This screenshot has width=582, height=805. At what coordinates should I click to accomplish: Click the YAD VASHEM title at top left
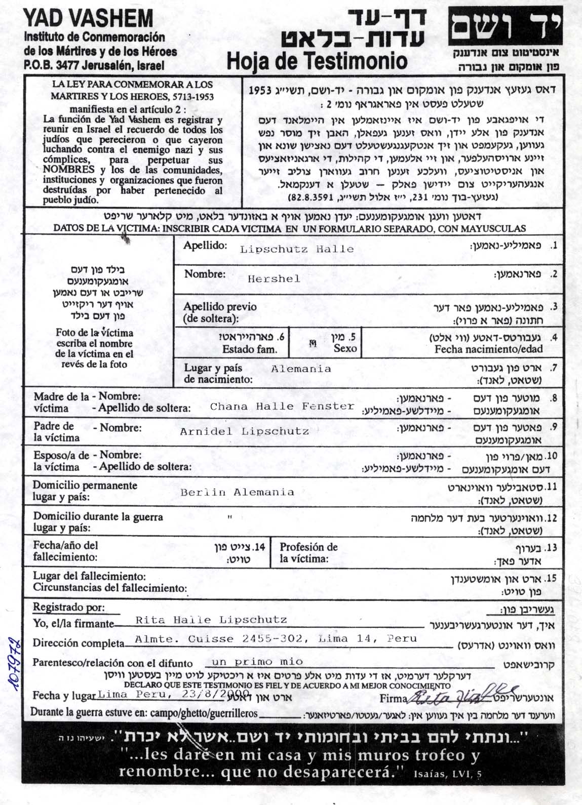[88, 19]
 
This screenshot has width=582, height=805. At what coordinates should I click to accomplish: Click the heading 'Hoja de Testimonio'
[317, 61]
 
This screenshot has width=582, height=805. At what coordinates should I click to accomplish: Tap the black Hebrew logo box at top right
[505, 28]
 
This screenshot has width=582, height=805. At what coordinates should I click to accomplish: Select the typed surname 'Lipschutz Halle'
[296, 249]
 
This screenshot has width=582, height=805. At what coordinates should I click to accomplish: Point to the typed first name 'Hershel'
[274, 278]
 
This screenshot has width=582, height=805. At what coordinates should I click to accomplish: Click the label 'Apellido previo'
[220, 307]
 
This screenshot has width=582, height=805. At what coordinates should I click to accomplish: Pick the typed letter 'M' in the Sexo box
[313, 344]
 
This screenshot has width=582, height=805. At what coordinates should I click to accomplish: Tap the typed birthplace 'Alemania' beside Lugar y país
[301, 369]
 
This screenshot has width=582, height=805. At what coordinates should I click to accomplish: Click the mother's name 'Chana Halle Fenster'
[282, 406]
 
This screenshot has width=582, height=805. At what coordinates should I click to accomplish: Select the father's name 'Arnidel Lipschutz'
[244, 431]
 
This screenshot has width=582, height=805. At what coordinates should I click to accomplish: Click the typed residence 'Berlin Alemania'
[237, 492]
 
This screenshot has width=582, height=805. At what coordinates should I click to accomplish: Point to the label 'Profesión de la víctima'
[308, 553]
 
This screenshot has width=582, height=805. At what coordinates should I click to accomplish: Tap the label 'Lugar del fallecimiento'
[90, 576]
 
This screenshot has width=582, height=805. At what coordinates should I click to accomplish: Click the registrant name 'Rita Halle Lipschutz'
[211, 620]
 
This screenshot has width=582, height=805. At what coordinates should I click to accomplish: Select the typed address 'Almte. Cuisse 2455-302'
[219, 639]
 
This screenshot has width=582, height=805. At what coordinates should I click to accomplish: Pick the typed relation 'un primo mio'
[257, 662]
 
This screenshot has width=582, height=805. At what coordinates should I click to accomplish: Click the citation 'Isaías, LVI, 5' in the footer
[447, 774]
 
